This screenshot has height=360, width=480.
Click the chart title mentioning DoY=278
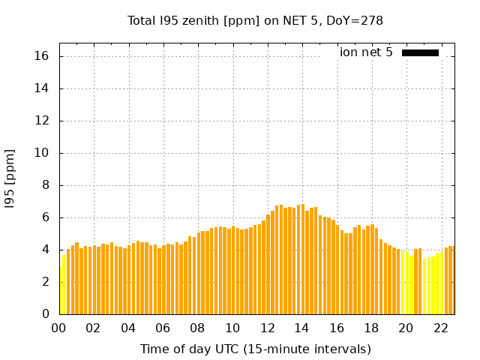pyautogui.click(x=255, y=21)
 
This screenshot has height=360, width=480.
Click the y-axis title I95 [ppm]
pyautogui.click(x=10, y=178)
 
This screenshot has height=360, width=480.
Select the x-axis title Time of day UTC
pyautogui.click(x=255, y=349)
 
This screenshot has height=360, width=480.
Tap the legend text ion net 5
pyautogui.click(x=366, y=52)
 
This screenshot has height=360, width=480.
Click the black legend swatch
pyautogui.click(x=420, y=52)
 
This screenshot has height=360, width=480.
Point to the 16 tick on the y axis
pyautogui.click(x=42, y=56)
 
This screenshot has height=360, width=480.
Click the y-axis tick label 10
pyautogui.click(x=42, y=153)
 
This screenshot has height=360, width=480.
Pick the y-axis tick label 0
pyautogui.click(x=46, y=314)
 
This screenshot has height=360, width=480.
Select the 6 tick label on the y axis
pyautogui.click(x=46, y=217)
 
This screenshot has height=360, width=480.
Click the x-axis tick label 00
pyautogui.click(x=59, y=328)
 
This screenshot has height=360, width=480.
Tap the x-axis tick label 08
pyautogui.click(x=198, y=328)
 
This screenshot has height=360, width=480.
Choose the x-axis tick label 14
pyautogui.click(x=302, y=328)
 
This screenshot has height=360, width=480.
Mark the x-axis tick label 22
pyautogui.click(x=441, y=328)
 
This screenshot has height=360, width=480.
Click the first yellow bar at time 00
pyautogui.click(x=61, y=291)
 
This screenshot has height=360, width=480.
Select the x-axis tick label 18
pyautogui.click(x=371, y=328)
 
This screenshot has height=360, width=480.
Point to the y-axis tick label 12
pyautogui.click(x=42, y=121)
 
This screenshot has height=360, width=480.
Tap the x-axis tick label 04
pyautogui.click(x=128, y=328)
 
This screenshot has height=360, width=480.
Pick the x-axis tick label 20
pyautogui.click(x=406, y=328)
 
